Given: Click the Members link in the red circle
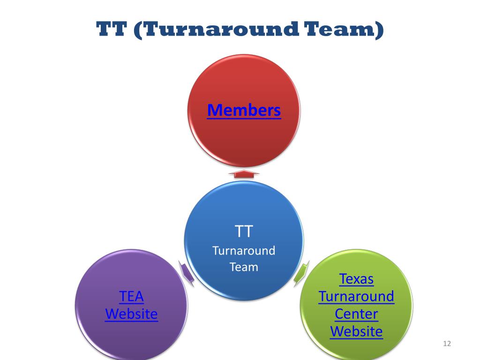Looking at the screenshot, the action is point(244,111).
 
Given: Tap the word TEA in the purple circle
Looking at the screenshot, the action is point(131,296).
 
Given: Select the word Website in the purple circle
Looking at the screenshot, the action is point(131,314).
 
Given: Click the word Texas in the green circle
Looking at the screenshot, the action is point(356,279).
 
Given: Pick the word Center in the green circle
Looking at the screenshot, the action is point(356,314).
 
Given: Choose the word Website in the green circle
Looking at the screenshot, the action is point(356,331).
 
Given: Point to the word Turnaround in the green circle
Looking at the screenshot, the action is point(356,296).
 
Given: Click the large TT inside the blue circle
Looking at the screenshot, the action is point(244,231).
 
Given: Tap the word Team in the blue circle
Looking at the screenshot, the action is point(244,267).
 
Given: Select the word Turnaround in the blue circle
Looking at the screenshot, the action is point(244,250).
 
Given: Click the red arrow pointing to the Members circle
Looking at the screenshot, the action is point(244,174).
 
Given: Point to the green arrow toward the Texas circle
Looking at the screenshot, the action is point(301,274).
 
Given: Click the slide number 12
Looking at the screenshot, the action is point(446,345).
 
